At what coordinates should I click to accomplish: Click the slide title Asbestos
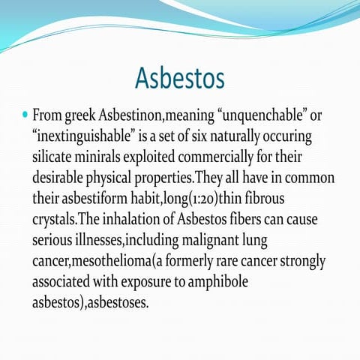181,77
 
